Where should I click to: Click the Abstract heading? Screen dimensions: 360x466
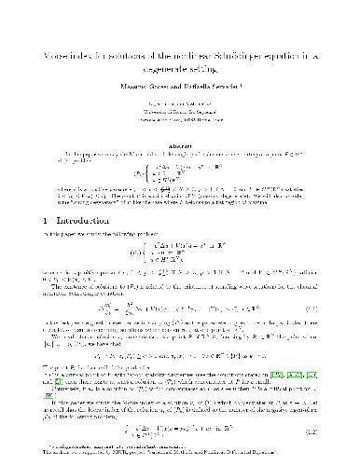click(180, 131)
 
